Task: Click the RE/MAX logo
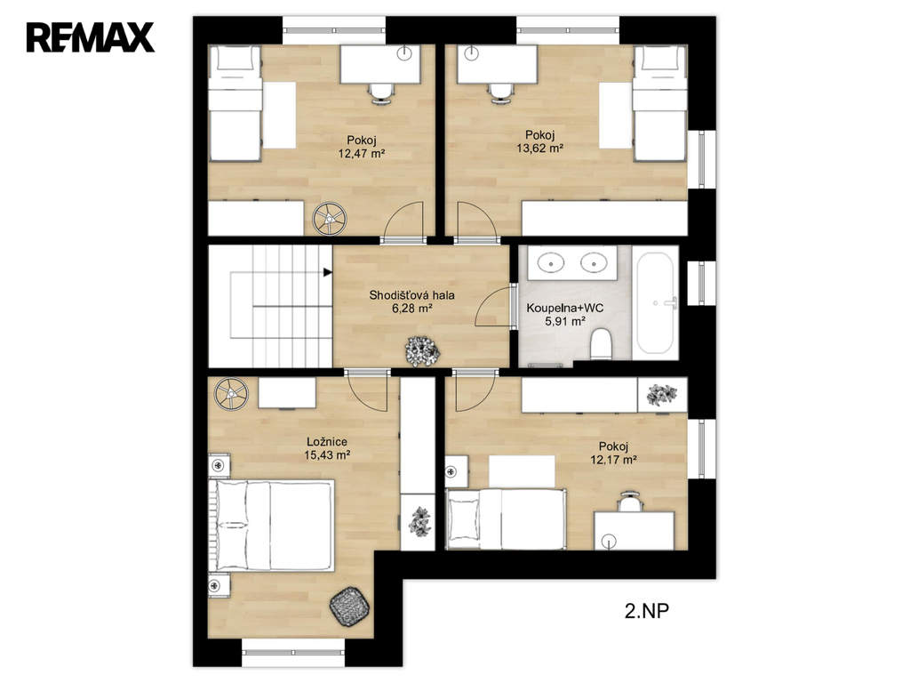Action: [x=90, y=37]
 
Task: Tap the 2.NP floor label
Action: [x=647, y=611]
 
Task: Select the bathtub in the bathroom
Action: [x=655, y=302]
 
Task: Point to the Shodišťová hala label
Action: [x=412, y=295]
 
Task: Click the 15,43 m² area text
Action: [x=327, y=455]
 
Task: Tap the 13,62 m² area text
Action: [x=540, y=149]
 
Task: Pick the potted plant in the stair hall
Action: [x=422, y=351]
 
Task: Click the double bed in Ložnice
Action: [x=272, y=525]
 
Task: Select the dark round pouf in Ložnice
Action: [x=349, y=607]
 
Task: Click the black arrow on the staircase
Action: [x=328, y=272]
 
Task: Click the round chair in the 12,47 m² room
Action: [x=330, y=219]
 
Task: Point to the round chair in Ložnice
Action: [x=232, y=394]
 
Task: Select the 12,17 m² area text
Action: [x=614, y=460]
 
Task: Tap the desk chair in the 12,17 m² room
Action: [x=630, y=502]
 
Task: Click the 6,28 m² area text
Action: [x=412, y=309]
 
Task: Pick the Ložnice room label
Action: [x=327, y=442]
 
